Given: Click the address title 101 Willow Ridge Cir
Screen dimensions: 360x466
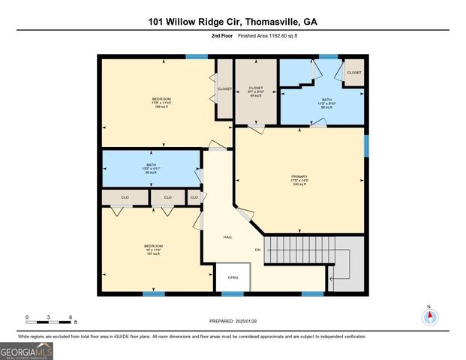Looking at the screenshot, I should pyautogui.click(x=233, y=22).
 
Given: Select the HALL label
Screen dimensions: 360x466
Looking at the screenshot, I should pyautogui.click(x=227, y=236).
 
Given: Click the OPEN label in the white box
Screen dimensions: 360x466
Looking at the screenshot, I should pyautogui.click(x=233, y=277).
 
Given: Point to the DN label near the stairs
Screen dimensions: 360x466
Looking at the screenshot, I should pyautogui.click(x=257, y=249).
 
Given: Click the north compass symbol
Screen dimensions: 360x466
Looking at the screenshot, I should pyautogui.click(x=429, y=316).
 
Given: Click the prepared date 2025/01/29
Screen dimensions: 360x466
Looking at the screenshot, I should pyautogui.click(x=233, y=321).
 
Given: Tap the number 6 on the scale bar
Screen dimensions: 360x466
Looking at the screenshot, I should pyautogui.click(x=71, y=317).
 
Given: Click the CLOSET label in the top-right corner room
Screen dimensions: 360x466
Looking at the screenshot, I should pyautogui.click(x=353, y=73).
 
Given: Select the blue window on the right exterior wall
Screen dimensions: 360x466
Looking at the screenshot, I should pyautogui.click(x=367, y=145).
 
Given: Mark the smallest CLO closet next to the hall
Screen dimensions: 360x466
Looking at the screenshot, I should pyautogui.click(x=194, y=197).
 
